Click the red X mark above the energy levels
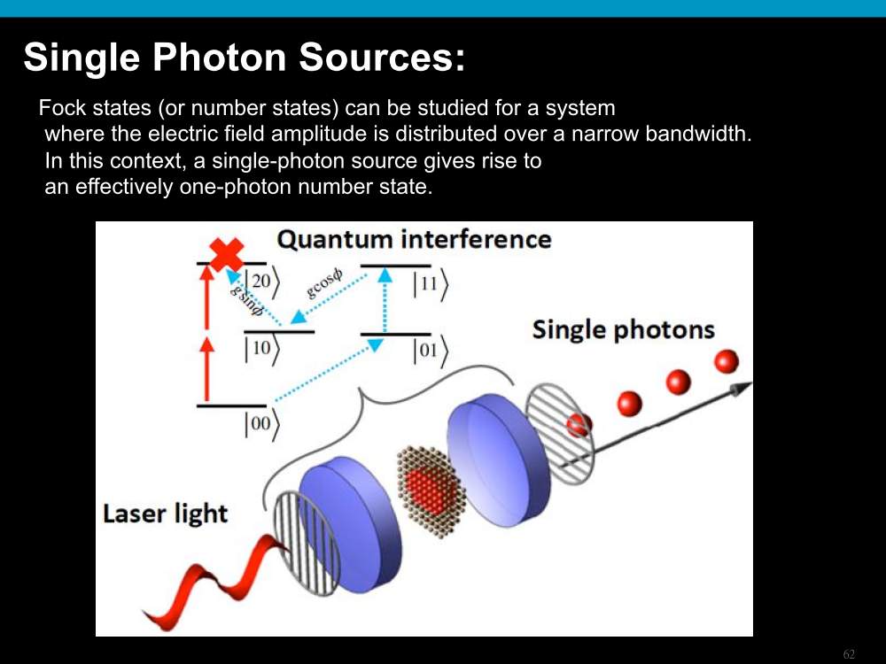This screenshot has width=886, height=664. (x=227, y=254)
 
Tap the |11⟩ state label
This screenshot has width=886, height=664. (x=430, y=283)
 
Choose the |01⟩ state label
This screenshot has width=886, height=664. (x=430, y=351)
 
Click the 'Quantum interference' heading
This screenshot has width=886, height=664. (x=414, y=239)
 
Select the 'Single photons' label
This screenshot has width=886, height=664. (x=623, y=330)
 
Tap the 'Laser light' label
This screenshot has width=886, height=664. (x=166, y=513)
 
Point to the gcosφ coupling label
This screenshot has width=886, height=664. (x=323, y=283)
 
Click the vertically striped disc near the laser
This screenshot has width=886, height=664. (x=306, y=544)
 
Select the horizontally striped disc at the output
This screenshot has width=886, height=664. (x=559, y=434)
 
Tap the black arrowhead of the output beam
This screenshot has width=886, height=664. (x=741, y=389)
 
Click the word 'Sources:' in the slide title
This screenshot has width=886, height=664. (x=382, y=57)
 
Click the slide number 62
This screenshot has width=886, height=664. (x=849, y=654)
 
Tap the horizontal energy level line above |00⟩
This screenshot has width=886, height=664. (x=231, y=405)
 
